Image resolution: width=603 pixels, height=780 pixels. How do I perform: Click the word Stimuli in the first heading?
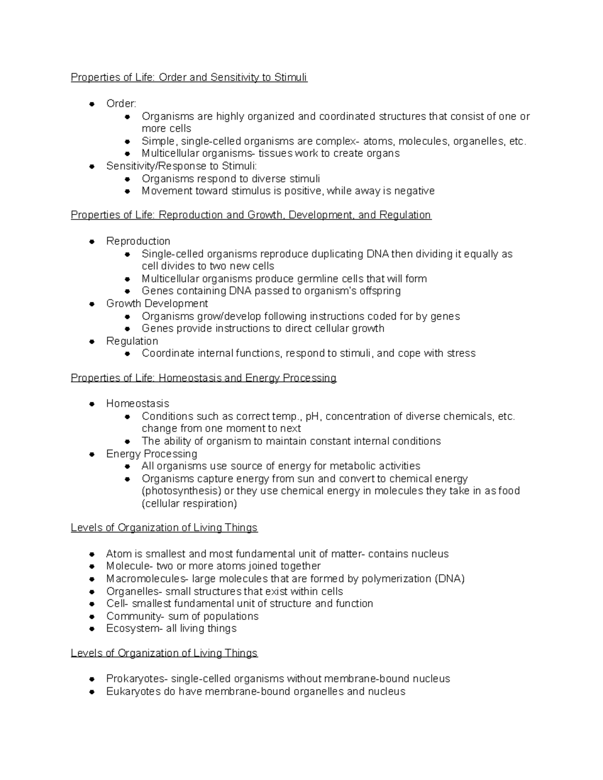[x=290, y=77]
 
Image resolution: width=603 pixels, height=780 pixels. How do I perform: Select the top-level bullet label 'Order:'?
[x=121, y=103]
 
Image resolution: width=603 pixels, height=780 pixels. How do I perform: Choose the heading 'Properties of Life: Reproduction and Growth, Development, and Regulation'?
[x=251, y=215]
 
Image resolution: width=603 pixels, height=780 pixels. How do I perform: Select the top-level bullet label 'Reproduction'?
[x=138, y=241]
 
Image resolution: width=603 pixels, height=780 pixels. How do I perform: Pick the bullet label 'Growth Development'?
[x=157, y=303]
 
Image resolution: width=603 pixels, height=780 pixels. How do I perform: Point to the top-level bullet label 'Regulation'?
[x=132, y=341]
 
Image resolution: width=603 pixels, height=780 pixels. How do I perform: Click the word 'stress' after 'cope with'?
[x=460, y=354]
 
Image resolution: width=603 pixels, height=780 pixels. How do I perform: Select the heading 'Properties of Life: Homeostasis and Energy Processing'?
[x=204, y=378]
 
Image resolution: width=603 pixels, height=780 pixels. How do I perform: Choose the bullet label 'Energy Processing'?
[x=151, y=454]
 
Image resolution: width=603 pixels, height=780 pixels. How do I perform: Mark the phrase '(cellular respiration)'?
[x=189, y=503]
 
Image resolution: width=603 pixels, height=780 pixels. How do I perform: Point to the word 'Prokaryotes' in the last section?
[x=136, y=679]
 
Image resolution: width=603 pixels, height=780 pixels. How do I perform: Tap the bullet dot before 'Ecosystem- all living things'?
[x=91, y=629]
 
